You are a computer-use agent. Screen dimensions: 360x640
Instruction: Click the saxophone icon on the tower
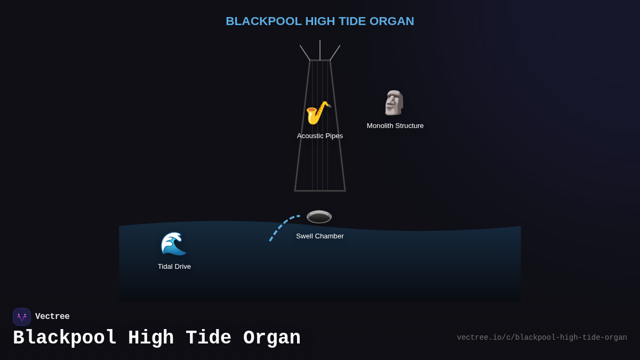point(318,113)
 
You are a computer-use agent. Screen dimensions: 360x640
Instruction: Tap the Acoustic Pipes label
point(320,136)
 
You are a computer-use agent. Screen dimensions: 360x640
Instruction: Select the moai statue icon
point(394,103)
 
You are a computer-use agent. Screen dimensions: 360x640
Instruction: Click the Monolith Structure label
point(395,126)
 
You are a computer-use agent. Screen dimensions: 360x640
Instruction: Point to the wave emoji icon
point(173,244)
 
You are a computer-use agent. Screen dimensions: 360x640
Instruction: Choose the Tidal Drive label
point(174,267)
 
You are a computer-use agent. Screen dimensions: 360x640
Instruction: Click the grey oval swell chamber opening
point(319,217)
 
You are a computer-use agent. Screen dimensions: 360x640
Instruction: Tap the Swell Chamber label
point(320,236)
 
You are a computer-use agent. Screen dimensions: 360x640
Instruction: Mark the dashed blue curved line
point(281,226)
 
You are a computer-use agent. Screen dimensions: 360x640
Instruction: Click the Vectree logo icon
point(22,317)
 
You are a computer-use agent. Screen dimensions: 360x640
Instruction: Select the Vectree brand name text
point(52,317)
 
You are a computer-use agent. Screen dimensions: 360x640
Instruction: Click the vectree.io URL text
point(542,338)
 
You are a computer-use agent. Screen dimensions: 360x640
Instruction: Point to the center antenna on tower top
point(320,50)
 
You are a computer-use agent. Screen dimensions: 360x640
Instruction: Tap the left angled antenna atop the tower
point(305,52)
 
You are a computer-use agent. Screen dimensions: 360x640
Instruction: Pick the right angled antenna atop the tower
point(335,52)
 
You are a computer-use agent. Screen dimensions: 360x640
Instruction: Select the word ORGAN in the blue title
point(391,21)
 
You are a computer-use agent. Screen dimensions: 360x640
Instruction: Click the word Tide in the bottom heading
point(208,338)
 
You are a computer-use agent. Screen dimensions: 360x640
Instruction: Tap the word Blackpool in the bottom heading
point(65,338)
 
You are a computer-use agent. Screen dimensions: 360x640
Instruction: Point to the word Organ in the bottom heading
point(272,338)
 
